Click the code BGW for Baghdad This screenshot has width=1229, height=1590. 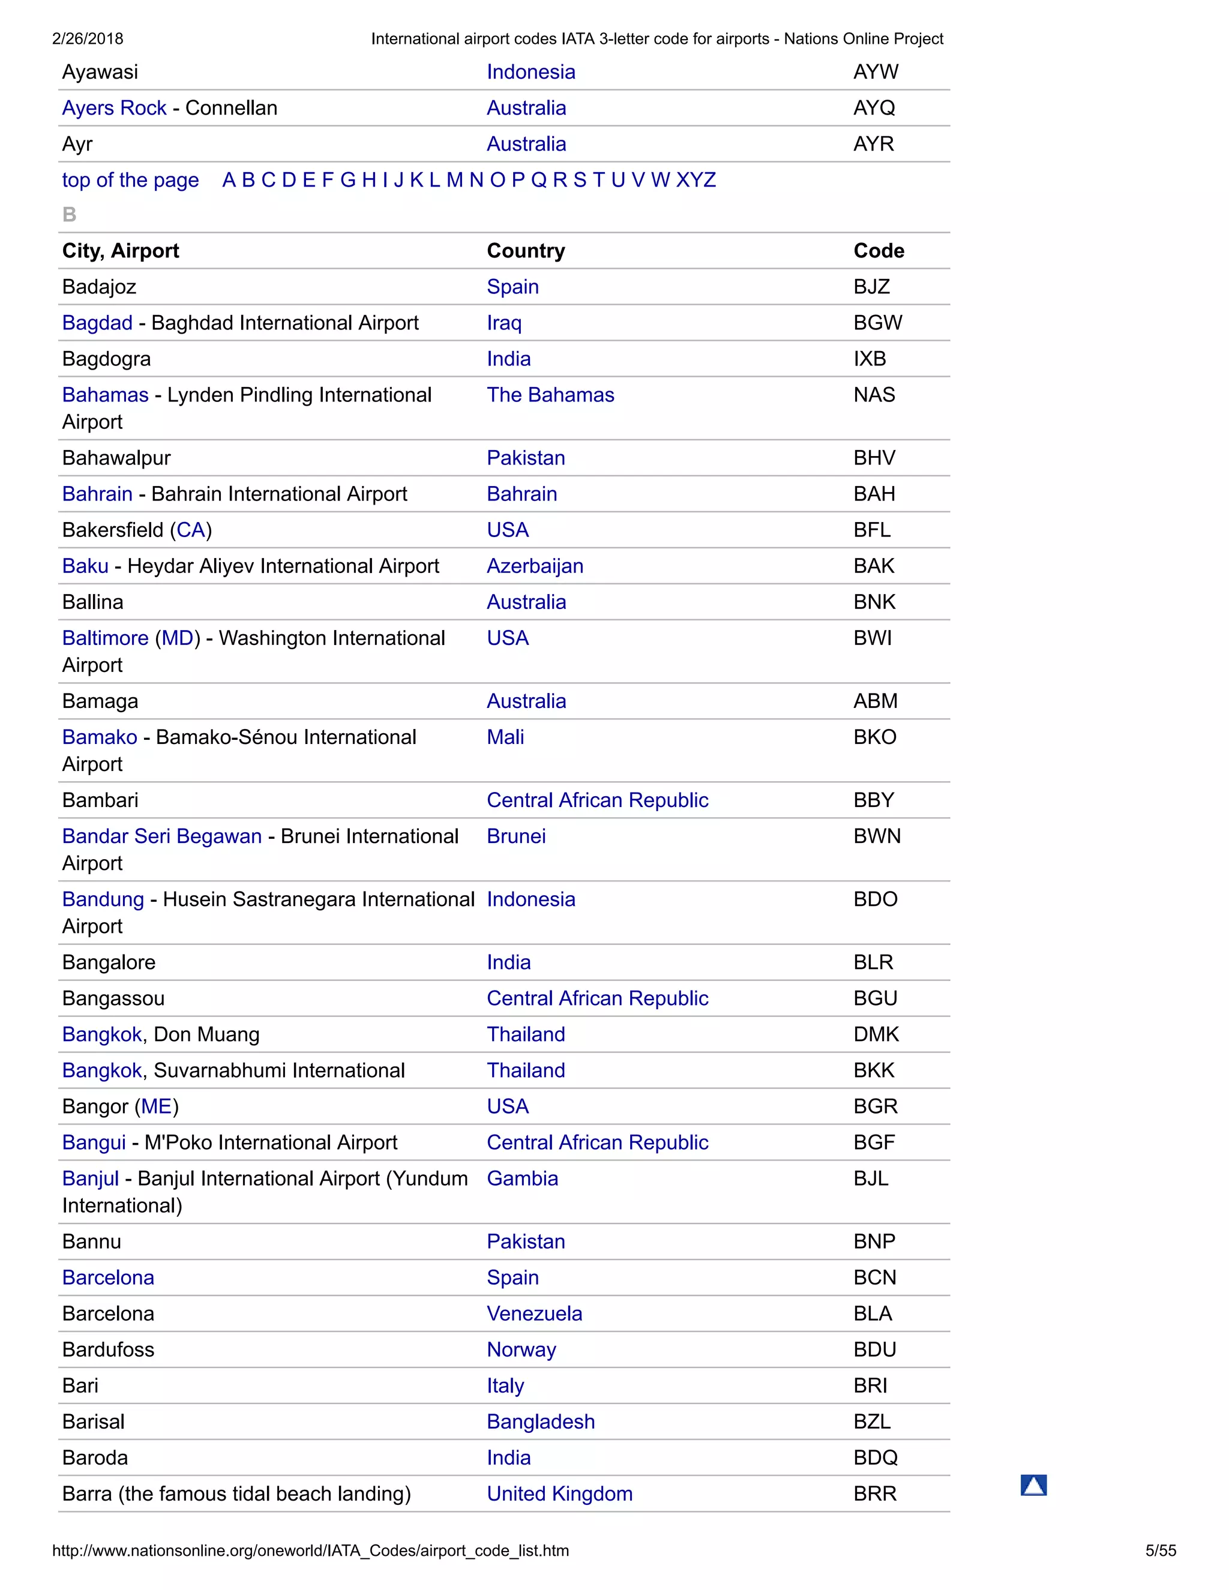(x=877, y=323)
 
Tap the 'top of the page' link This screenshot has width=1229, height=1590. (x=130, y=180)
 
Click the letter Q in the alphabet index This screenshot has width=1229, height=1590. (x=538, y=180)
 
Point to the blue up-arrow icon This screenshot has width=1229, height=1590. (x=1033, y=1484)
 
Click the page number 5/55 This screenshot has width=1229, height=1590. (x=1160, y=1550)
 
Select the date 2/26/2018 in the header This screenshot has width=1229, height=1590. (x=88, y=38)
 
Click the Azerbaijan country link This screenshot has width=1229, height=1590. (x=535, y=566)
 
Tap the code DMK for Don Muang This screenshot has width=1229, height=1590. (x=876, y=1034)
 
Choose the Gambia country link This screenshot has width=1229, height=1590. (x=522, y=1178)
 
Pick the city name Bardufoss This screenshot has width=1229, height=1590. (x=108, y=1350)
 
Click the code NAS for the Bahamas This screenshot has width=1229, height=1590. (x=874, y=395)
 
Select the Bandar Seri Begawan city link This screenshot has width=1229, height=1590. (x=161, y=836)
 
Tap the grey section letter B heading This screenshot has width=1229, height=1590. (x=69, y=215)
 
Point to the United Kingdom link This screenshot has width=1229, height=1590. (x=559, y=1494)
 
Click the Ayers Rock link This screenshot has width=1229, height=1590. (x=114, y=108)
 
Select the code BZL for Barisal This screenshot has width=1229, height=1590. (x=871, y=1422)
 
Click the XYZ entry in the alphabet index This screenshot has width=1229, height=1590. (x=696, y=180)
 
